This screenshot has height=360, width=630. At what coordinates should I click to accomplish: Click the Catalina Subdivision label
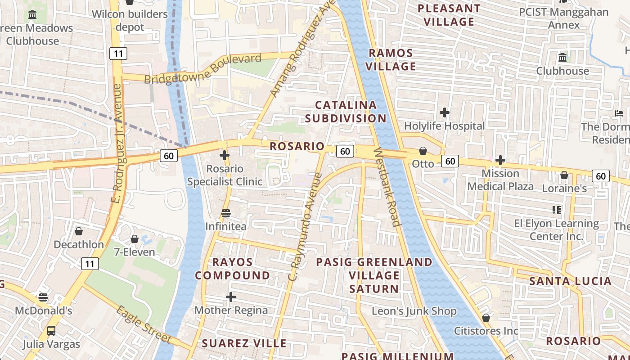[346, 112]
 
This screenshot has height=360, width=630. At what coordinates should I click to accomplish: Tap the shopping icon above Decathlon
[79, 231]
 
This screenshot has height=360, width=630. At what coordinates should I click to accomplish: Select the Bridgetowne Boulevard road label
[202, 68]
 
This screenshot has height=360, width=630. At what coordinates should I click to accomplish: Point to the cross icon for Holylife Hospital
[445, 112]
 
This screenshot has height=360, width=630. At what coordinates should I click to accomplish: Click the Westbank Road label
[387, 187]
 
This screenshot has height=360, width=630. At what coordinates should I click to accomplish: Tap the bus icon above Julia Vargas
[51, 331]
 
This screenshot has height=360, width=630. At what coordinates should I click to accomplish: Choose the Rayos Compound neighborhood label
[232, 269]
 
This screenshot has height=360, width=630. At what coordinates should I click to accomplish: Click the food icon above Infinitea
[226, 213]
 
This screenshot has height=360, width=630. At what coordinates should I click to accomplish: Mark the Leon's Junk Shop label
[414, 311]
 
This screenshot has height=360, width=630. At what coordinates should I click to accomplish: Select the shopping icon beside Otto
[423, 151]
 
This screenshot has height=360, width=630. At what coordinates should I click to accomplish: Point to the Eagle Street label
[144, 324]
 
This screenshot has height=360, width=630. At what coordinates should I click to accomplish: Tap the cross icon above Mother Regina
[231, 297]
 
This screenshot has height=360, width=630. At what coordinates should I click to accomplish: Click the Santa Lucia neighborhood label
[570, 281]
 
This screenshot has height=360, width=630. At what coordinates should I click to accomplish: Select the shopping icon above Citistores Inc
[486, 318]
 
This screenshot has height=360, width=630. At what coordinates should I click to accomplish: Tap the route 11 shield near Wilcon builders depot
[118, 54]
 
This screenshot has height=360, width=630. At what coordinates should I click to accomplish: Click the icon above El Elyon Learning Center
[557, 210]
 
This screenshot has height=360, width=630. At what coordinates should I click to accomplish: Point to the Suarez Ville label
[244, 343]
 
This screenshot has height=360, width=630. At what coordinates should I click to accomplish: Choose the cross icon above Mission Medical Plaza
[500, 160]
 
